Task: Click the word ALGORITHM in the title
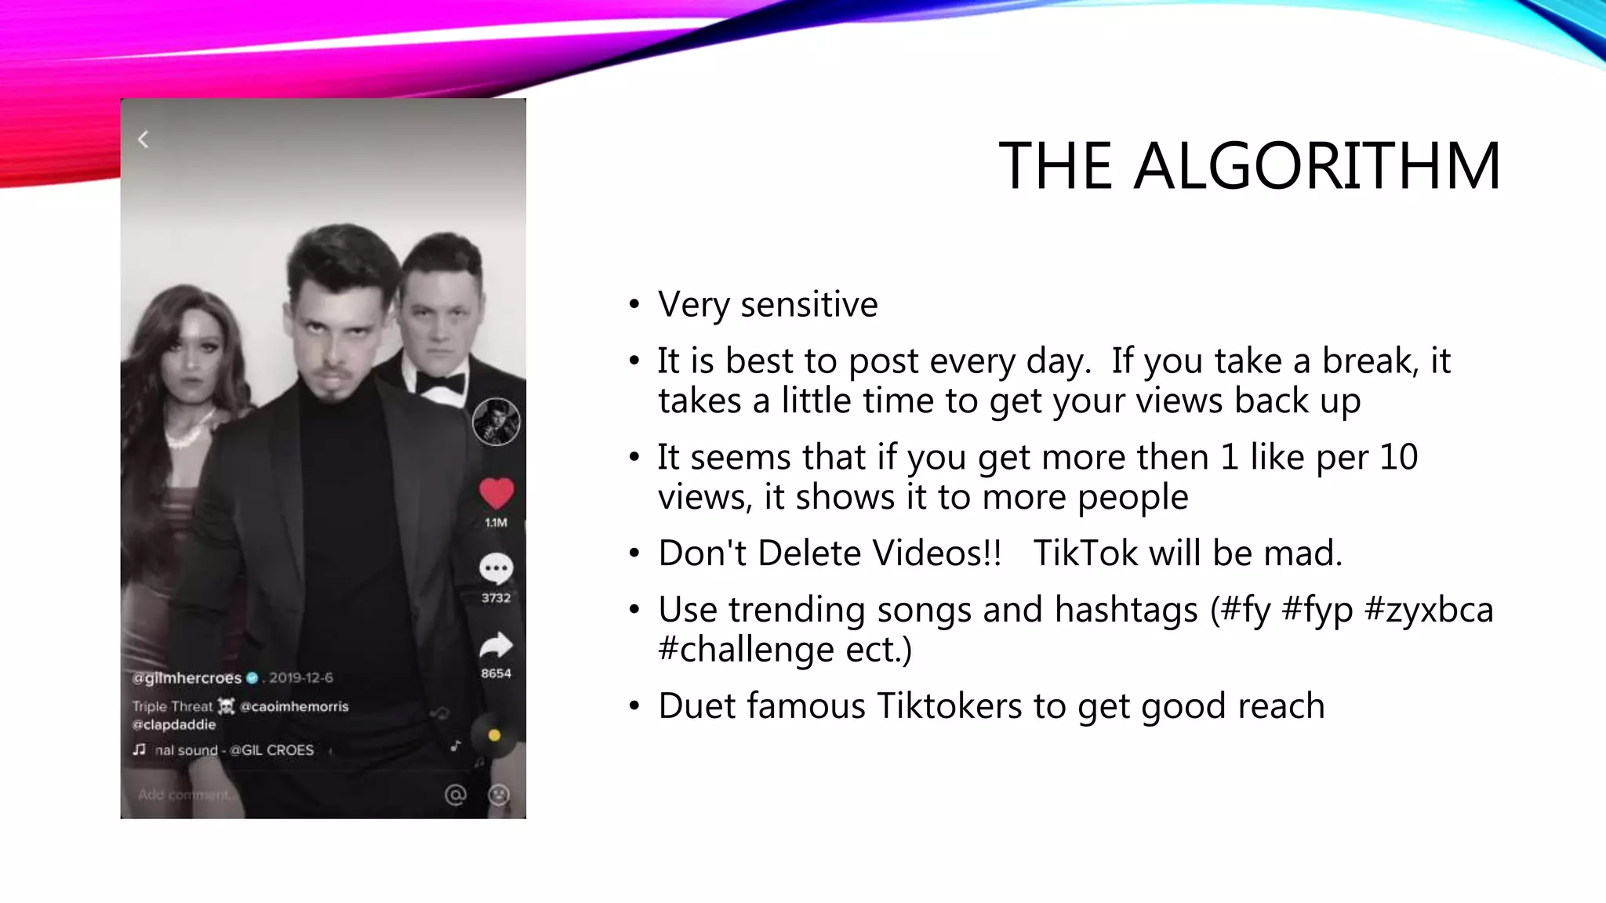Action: [x=1317, y=166]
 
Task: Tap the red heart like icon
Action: [x=496, y=494]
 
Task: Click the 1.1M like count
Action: [x=496, y=523]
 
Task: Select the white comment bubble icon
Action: [x=496, y=568]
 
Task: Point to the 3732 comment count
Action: [x=496, y=598]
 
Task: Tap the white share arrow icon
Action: [x=496, y=645]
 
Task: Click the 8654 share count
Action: [x=496, y=673]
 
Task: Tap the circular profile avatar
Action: [x=496, y=422]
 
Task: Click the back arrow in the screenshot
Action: [x=144, y=140]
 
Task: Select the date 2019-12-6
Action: [x=301, y=678]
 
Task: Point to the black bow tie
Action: [x=440, y=383]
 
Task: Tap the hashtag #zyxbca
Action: [x=1429, y=611]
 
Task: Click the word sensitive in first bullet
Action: [x=808, y=305]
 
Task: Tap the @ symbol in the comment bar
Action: [x=455, y=795]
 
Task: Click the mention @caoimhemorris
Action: [x=294, y=706]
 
